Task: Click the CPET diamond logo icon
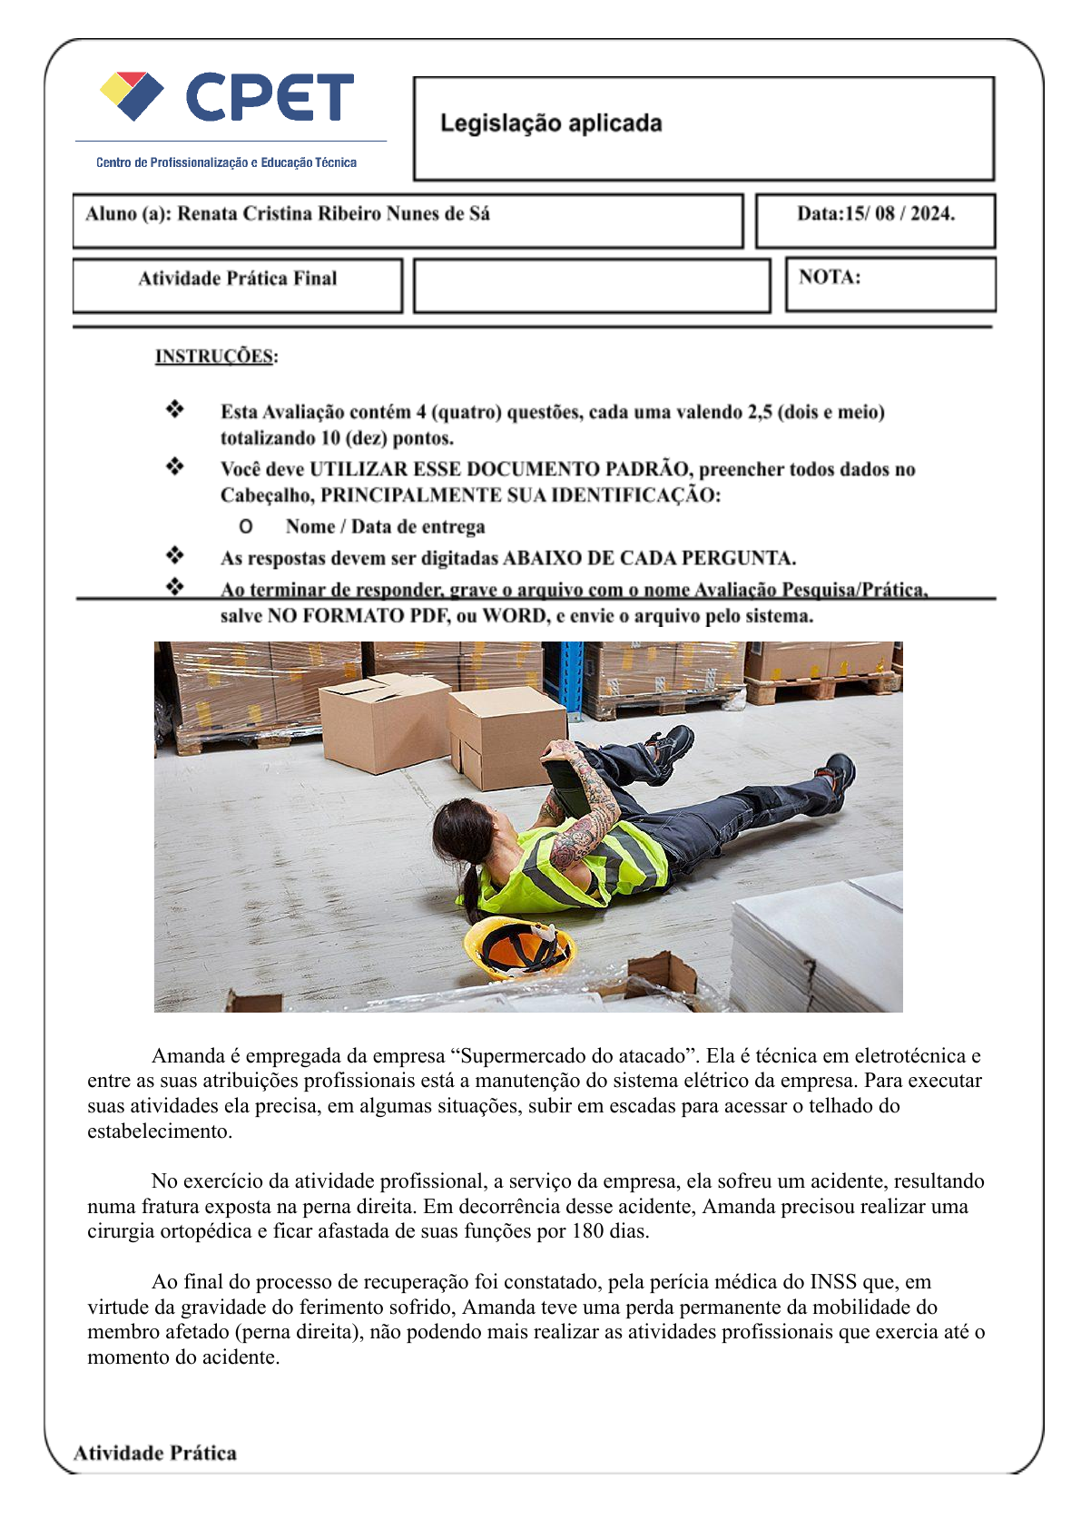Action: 132,96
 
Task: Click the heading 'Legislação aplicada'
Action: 551,123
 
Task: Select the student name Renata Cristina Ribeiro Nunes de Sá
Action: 333,214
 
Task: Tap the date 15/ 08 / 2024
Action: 899,214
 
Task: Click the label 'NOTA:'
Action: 830,278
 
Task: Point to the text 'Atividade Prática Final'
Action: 237,279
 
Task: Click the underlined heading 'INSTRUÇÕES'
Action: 214,356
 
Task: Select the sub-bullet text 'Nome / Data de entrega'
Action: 385,527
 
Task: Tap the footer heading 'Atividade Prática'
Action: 155,1453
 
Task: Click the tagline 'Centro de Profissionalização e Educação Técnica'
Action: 226,162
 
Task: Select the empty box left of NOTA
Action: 592,286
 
